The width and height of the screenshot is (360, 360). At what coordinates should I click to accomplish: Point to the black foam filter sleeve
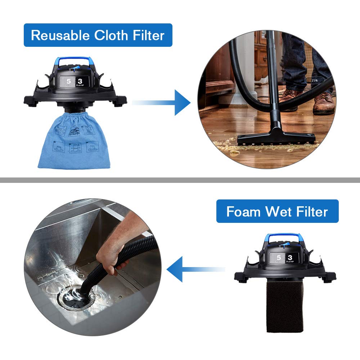pyautogui.click(x=284, y=306)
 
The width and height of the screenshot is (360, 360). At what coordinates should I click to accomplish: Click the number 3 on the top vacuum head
pyautogui.click(x=80, y=81)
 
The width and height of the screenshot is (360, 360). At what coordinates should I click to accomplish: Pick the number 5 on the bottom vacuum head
pyautogui.click(x=279, y=257)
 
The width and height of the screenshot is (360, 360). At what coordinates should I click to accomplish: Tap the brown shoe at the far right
pyautogui.click(x=324, y=103)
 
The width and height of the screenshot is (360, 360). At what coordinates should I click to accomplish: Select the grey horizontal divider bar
pyautogui.click(x=180, y=180)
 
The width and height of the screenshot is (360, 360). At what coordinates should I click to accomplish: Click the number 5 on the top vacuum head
pyautogui.click(x=68, y=81)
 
